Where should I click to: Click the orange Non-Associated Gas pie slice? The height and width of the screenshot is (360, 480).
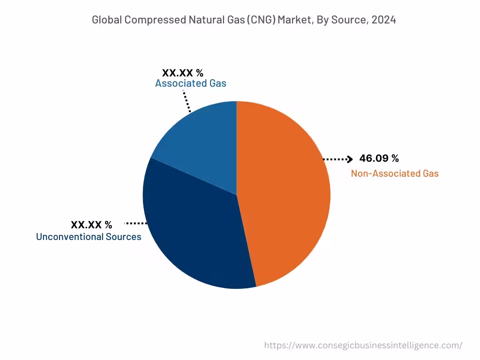click(286, 192)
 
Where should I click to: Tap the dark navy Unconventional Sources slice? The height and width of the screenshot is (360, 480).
click(192, 234)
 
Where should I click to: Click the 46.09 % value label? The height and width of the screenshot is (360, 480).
click(379, 158)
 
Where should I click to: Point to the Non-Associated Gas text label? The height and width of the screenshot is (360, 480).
click(395, 173)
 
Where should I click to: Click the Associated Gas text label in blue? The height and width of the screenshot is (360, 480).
click(190, 83)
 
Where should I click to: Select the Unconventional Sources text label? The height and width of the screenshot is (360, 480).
click(89, 237)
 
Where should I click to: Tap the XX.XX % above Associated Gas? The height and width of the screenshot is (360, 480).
click(182, 73)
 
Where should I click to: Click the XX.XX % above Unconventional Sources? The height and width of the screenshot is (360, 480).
click(91, 225)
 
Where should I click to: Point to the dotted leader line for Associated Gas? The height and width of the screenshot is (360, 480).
click(187, 101)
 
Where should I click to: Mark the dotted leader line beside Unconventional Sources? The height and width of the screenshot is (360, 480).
click(136, 224)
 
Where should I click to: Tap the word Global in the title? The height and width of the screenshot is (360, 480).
click(107, 20)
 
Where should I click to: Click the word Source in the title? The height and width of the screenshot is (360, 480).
click(347, 20)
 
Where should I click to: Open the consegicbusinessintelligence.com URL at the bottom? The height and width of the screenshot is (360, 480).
click(363, 345)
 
